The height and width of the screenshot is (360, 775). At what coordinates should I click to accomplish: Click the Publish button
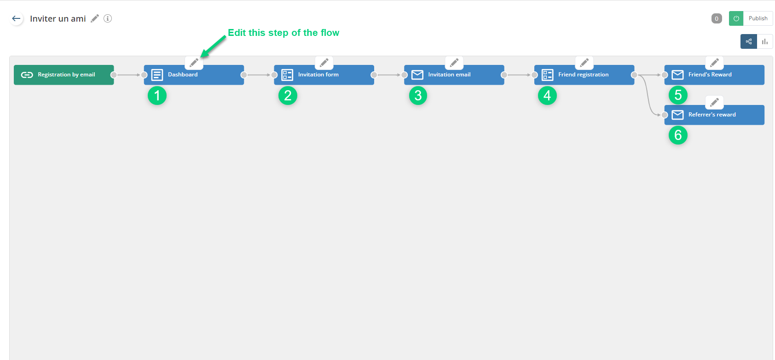pyautogui.click(x=758, y=18)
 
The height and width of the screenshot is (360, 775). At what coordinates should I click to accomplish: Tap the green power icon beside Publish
pyautogui.click(x=736, y=18)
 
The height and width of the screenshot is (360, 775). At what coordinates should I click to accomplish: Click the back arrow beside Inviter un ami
pyautogui.click(x=17, y=18)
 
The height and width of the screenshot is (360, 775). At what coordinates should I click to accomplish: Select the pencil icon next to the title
pyautogui.click(x=95, y=18)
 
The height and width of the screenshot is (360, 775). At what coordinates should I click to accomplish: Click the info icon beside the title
pyautogui.click(x=108, y=18)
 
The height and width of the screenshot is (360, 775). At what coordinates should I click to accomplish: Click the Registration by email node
pyautogui.click(x=64, y=75)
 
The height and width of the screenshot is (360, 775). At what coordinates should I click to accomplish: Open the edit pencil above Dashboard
pyautogui.click(x=194, y=63)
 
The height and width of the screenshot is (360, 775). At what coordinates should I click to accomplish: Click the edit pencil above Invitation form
pyautogui.click(x=324, y=63)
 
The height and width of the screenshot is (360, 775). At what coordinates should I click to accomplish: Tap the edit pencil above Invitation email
pyautogui.click(x=454, y=63)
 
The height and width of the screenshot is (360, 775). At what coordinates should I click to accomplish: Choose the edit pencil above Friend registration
pyautogui.click(x=584, y=63)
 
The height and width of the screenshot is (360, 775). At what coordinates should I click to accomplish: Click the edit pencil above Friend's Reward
pyautogui.click(x=714, y=63)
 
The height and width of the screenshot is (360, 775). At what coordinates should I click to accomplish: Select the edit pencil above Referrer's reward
pyautogui.click(x=714, y=102)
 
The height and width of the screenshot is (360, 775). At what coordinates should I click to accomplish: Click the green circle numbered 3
pyautogui.click(x=418, y=96)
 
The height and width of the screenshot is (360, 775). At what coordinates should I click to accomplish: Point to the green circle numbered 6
pyautogui.click(x=678, y=135)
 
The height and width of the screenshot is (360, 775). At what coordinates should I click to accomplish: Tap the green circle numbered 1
pyautogui.click(x=157, y=96)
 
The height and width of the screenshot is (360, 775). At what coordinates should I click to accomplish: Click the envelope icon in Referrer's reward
pyautogui.click(x=677, y=115)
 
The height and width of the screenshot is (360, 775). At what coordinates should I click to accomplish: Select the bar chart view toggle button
pyautogui.click(x=765, y=41)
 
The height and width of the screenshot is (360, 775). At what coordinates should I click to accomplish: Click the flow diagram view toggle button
pyautogui.click(x=749, y=41)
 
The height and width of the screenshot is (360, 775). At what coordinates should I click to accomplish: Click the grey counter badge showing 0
pyautogui.click(x=717, y=18)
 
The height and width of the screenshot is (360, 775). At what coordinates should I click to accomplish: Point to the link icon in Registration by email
pyautogui.click(x=27, y=75)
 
